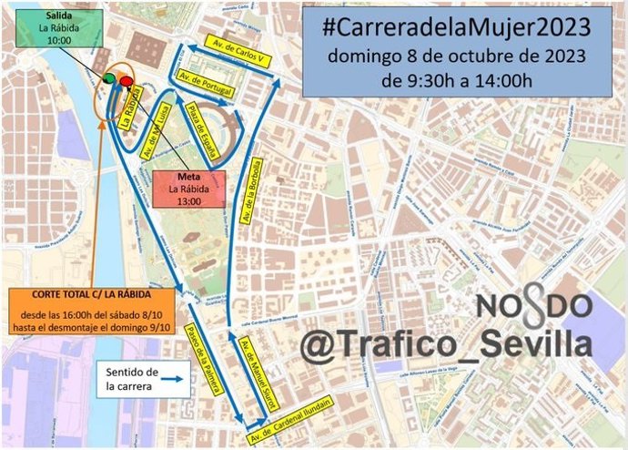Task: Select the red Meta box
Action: pos(189,194)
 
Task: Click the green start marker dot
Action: pos(110,79)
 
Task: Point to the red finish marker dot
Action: pos(126,80)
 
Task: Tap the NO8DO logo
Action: pos(535,304)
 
